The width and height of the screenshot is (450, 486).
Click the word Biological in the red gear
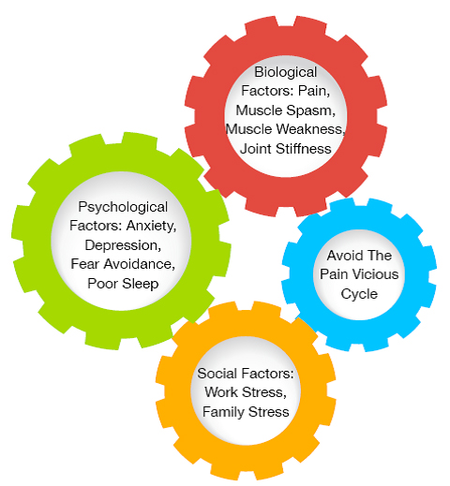pos(286,73)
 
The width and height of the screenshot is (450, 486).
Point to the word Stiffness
pos(304,149)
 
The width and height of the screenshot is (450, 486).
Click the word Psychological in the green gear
pos(123,208)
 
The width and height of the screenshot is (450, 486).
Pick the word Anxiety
pos(151,226)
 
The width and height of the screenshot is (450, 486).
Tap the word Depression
pos(123,246)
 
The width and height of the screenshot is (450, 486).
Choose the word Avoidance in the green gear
pos(140,264)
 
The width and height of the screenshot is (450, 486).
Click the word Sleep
pos(141,285)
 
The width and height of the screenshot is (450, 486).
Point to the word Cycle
pos(359,294)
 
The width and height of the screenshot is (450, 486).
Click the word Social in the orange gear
pos(217,374)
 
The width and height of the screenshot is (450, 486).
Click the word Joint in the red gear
pos(256,149)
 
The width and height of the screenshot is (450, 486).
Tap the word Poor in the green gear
pos(103,284)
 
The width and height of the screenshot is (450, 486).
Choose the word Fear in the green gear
pos(85,264)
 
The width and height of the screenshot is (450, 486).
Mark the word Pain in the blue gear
pos(334,274)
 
